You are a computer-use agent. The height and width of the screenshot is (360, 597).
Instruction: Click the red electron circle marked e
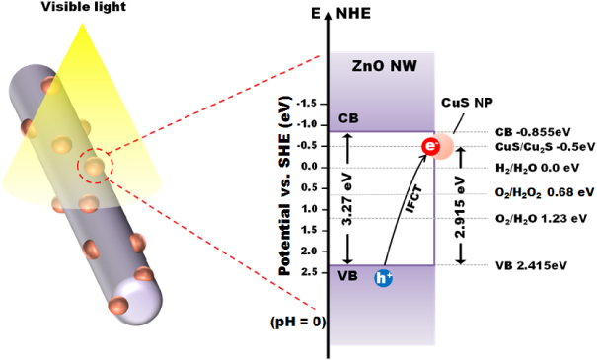(x=430, y=147)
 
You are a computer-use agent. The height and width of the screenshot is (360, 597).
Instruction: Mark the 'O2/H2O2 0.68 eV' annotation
(x=541, y=193)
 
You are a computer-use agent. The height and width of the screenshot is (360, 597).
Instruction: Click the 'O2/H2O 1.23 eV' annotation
(x=541, y=218)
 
